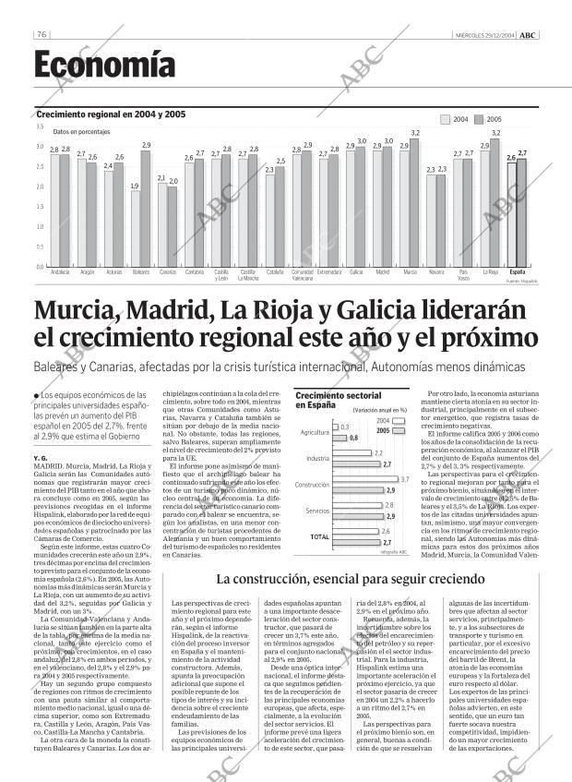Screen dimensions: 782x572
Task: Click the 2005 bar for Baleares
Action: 147,209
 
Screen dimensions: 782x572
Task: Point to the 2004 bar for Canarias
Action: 162,224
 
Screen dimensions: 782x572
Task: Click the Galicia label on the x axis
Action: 356,272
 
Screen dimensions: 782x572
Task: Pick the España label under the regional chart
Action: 518,272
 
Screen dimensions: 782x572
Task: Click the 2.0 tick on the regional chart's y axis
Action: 40,186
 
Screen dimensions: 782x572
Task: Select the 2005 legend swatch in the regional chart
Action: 479,119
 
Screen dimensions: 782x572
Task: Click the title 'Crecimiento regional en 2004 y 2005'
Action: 111,114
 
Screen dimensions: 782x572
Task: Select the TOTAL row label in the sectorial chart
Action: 319,536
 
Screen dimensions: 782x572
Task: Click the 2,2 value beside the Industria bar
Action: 378,453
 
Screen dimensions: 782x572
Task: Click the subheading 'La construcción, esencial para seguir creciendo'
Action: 351,579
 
